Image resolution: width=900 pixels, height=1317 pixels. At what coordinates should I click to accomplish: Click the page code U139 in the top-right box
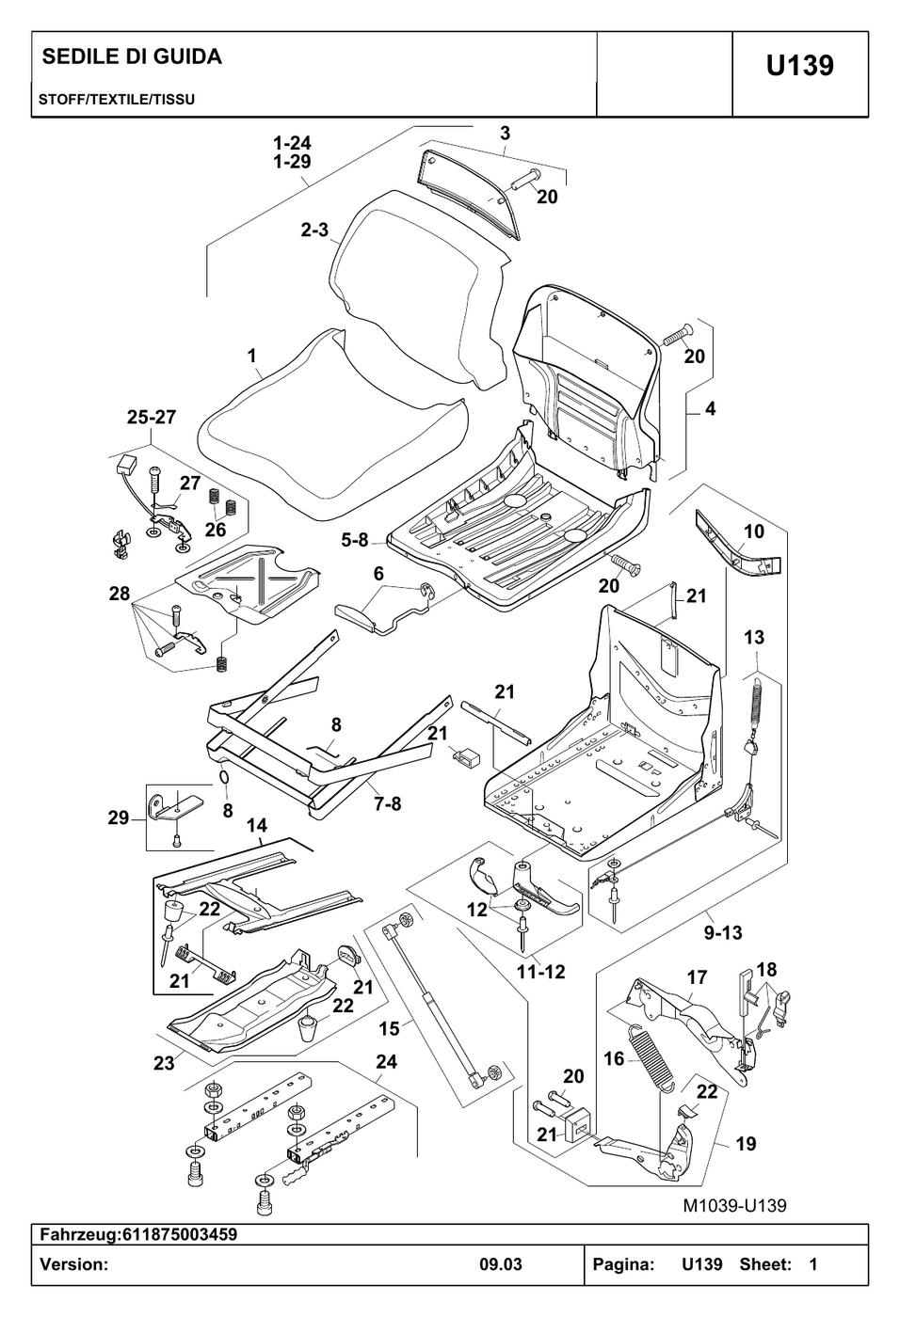click(799, 65)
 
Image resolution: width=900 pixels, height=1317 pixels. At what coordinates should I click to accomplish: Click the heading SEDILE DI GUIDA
click(133, 56)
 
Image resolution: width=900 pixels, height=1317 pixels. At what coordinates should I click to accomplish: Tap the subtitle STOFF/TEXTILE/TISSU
click(117, 100)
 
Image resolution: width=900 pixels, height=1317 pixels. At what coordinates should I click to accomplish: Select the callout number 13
click(754, 638)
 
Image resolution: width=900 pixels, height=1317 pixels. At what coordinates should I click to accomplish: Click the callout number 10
click(754, 532)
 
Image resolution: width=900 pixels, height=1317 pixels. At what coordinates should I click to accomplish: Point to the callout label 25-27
click(152, 417)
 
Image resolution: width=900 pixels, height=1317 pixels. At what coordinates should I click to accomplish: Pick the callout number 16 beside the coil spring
click(614, 1059)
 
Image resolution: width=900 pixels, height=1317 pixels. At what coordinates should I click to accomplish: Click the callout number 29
click(119, 817)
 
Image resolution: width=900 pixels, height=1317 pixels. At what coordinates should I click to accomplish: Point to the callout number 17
click(697, 977)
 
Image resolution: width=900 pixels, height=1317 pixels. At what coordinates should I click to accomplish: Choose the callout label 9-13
click(724, 932)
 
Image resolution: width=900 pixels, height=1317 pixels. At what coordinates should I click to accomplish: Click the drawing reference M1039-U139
click(734, 1206)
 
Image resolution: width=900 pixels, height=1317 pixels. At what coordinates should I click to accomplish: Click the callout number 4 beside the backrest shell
click(711, 408)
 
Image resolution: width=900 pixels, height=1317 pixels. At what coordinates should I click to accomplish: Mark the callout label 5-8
click(355, 540)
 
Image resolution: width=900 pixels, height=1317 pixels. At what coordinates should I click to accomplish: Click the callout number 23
click(164, 1063)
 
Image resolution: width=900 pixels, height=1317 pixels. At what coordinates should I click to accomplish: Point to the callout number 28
click(120, 594)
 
